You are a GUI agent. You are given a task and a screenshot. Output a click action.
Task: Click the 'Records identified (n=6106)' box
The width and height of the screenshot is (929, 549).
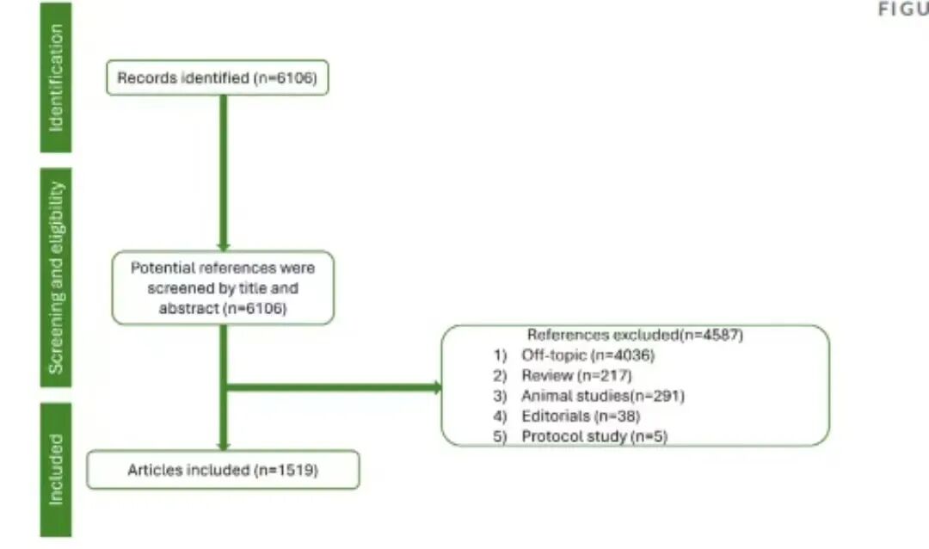[x=217, y=78]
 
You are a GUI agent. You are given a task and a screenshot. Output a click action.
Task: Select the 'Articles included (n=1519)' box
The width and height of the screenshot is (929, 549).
[x=223, y=470]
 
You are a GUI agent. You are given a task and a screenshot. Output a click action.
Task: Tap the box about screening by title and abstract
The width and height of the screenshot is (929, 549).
[x=223, y=287]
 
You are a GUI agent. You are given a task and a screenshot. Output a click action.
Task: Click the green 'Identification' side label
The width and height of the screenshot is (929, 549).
[x=56, y=77]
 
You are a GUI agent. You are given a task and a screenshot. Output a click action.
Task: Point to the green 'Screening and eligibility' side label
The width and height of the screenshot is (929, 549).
[x=56, y=276]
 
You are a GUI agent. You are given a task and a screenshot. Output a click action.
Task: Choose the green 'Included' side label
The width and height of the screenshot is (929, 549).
[x=56, y=469]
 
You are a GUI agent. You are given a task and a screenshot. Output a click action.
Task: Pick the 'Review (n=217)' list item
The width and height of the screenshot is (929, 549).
[x=576, y=375]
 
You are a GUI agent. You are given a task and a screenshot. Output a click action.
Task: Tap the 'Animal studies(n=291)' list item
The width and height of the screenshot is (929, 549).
[x=602, y=396]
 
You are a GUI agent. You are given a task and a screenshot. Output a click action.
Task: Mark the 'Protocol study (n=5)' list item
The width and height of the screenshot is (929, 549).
[x=594, y=436]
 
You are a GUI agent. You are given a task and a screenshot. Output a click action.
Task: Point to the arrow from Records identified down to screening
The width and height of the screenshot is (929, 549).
[x=224, y=172]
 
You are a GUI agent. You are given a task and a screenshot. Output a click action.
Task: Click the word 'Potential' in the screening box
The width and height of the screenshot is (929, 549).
[x=160, y=268]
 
